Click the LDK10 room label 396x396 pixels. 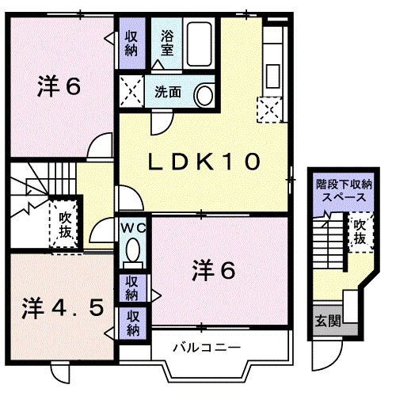(204, 162)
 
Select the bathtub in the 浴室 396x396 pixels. (199, 44)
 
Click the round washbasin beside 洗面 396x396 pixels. (204, 95)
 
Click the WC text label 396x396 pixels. (133, 228)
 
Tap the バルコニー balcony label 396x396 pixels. (207, 348)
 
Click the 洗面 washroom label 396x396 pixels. (168, 92)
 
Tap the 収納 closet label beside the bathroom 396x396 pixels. (131, 43)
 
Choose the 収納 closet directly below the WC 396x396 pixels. (132, 288)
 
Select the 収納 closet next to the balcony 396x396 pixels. (133, 322)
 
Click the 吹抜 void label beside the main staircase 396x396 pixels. (65, 225)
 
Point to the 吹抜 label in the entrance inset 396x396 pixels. (360, 232)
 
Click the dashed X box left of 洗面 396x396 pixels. (131, 91)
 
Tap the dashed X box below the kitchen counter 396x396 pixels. (269, 109)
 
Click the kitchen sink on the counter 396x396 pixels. (273, 76)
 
